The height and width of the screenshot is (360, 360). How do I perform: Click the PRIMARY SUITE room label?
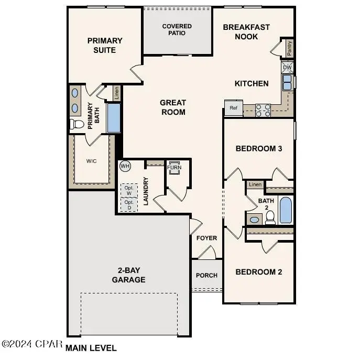[x=105, y=45]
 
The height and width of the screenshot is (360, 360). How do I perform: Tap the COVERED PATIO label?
[x=177, y=29]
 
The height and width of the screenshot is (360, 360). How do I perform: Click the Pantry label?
[x=289, y=49]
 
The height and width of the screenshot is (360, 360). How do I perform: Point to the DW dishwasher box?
[x=287, y=68]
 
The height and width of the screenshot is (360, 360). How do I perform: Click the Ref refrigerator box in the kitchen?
[x=233, y=108]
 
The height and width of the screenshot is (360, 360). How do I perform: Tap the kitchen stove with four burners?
[x=263, y=110]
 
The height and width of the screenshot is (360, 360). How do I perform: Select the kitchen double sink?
[x=288, y=82]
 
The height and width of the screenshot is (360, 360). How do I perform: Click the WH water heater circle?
[x=125, y=166]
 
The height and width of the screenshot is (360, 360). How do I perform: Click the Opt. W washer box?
[x=129, y=190]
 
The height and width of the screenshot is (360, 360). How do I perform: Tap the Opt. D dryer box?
[x=129, y=205]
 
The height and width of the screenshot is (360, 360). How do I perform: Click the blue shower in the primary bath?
[x=114, y=118]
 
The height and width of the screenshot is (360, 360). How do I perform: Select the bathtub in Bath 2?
[x=286, y=210]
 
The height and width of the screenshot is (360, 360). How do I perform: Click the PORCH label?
[x=206, y=276]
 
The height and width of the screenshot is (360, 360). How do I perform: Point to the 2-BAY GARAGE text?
[x=128, y=275]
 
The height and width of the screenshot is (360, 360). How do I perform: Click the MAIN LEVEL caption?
[x=91, y=348]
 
